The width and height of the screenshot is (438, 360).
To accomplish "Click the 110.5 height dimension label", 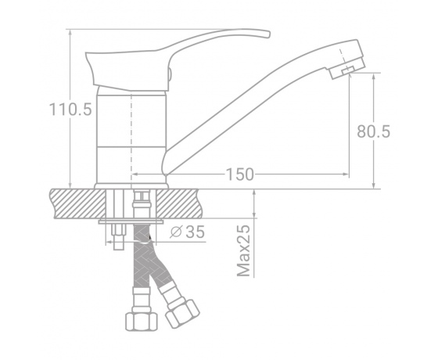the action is pyautogui.click(x=70, y=109).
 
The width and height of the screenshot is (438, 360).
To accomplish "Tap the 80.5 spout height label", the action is pyautogui.click(x=374, y=131).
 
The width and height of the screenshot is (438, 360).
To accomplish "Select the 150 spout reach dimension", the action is pyautogui.click(x=239, y=175).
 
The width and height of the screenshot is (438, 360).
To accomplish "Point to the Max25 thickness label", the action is pyautogui.click(x=243, y=250).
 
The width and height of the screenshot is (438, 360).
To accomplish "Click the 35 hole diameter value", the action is pyautogui.click(x=196, y=232).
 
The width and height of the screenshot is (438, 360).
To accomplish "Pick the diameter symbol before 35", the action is pyautogui.click(x=176, y=232).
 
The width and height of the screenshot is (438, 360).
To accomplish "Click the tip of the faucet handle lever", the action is pyautogui.click(x=269, y=34).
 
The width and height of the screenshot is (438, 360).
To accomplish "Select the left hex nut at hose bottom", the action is pyautogui.click(x=142, y=322).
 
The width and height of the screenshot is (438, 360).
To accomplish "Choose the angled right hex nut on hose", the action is pyautogui.click(x=182, y=313).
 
